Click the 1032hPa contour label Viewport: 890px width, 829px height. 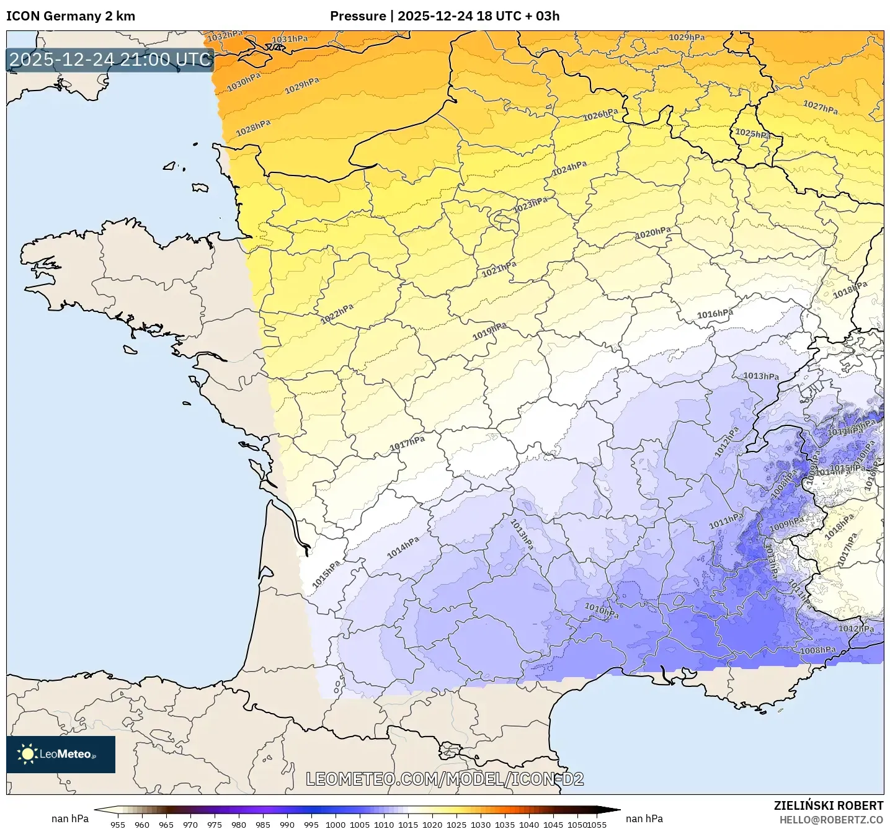(225, 36)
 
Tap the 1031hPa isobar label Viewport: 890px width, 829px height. (290, 40)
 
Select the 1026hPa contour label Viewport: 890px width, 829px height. (600, 115)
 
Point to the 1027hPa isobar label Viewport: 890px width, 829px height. (821, 107)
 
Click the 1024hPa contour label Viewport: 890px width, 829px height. (569, 167)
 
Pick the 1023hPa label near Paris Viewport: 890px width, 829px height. (530, 205)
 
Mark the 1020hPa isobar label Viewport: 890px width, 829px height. (653, 233)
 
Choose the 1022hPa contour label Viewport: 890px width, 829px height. (337, 314)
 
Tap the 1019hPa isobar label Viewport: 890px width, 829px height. (489, 331)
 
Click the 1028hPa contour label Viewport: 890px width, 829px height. (253, 128)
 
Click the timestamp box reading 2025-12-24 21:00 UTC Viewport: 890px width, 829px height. (110, 60)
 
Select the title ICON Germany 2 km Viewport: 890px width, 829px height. (71, 16)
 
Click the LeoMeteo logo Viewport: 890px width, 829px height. (61, 754)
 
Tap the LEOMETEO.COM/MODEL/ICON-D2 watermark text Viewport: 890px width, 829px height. (445, 779)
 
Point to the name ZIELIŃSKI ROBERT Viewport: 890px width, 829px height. (828, 805)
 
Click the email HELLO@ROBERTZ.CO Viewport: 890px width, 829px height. (831, 820)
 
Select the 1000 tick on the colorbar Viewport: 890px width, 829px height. (336, 824)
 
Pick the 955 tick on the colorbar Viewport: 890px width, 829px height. (117, 824)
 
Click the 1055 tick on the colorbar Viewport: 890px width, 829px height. (597, 824)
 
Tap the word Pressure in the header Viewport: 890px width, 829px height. (357, 16)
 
